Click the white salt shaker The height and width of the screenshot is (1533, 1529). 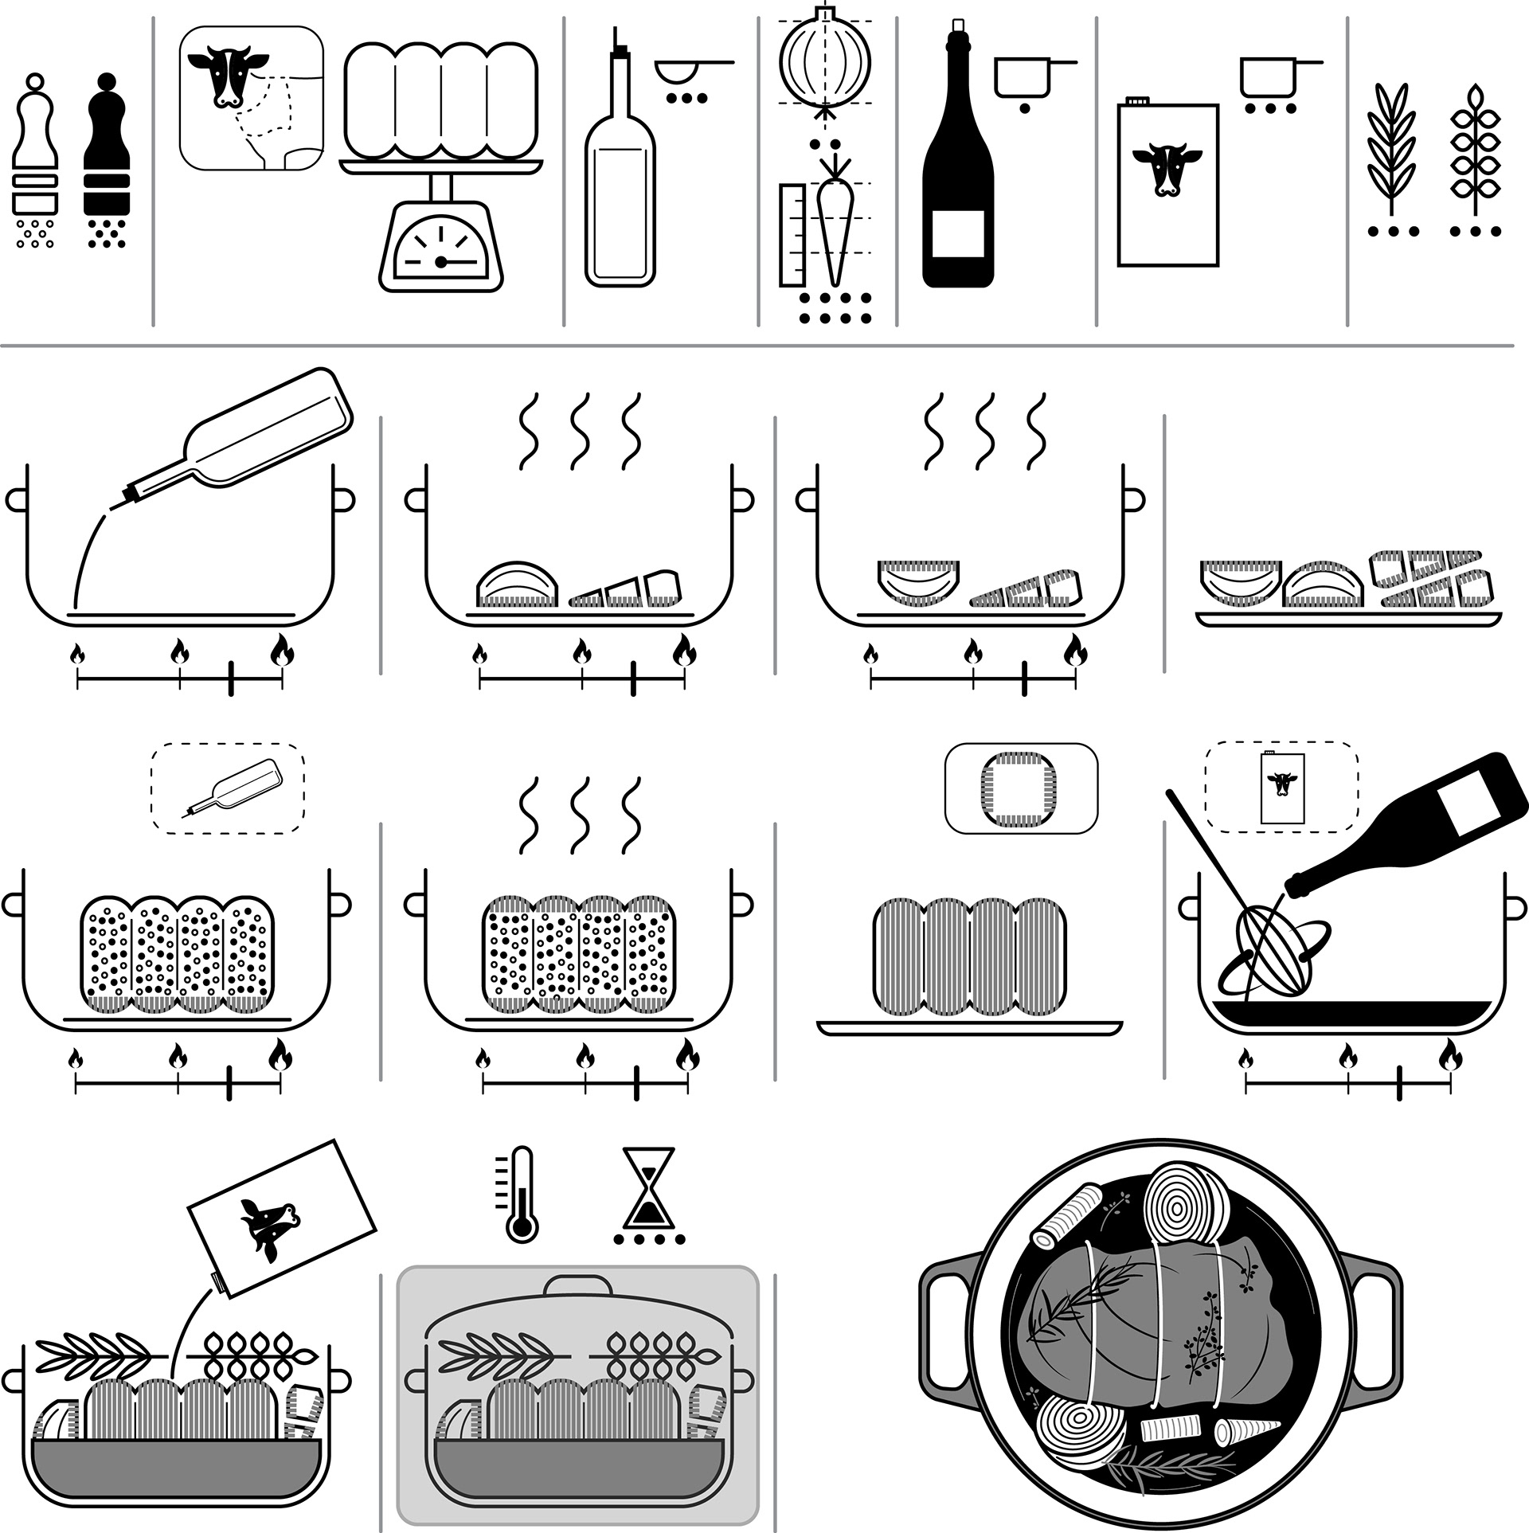tap(35, 151)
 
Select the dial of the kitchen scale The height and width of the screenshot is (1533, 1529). tap(440, 249)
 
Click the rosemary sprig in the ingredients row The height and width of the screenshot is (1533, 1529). tap(1392, 151)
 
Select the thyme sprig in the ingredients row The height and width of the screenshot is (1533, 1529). tap(1475, 151)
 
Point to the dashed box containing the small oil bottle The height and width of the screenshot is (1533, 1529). tap(228, 788)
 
